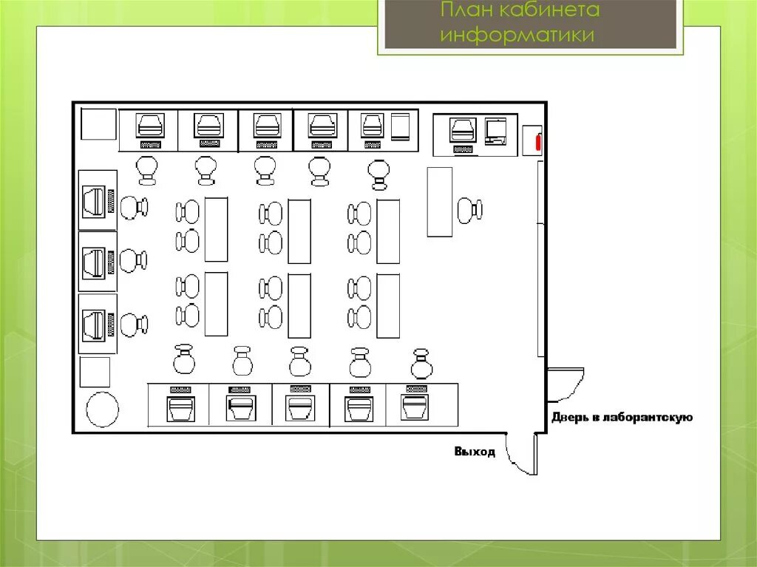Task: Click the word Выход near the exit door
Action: [475, 452]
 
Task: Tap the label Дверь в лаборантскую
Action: [622, 418]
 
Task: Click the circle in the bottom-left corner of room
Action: [102, 410]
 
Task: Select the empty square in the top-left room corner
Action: [98, 124]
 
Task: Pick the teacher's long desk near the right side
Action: [439, 202]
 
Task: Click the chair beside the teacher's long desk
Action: [469, 210]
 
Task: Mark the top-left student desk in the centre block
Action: [216, 229]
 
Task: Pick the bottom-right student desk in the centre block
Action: [388, 305]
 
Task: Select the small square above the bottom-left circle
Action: [95, 371]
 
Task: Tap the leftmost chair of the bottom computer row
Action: [183, 360]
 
